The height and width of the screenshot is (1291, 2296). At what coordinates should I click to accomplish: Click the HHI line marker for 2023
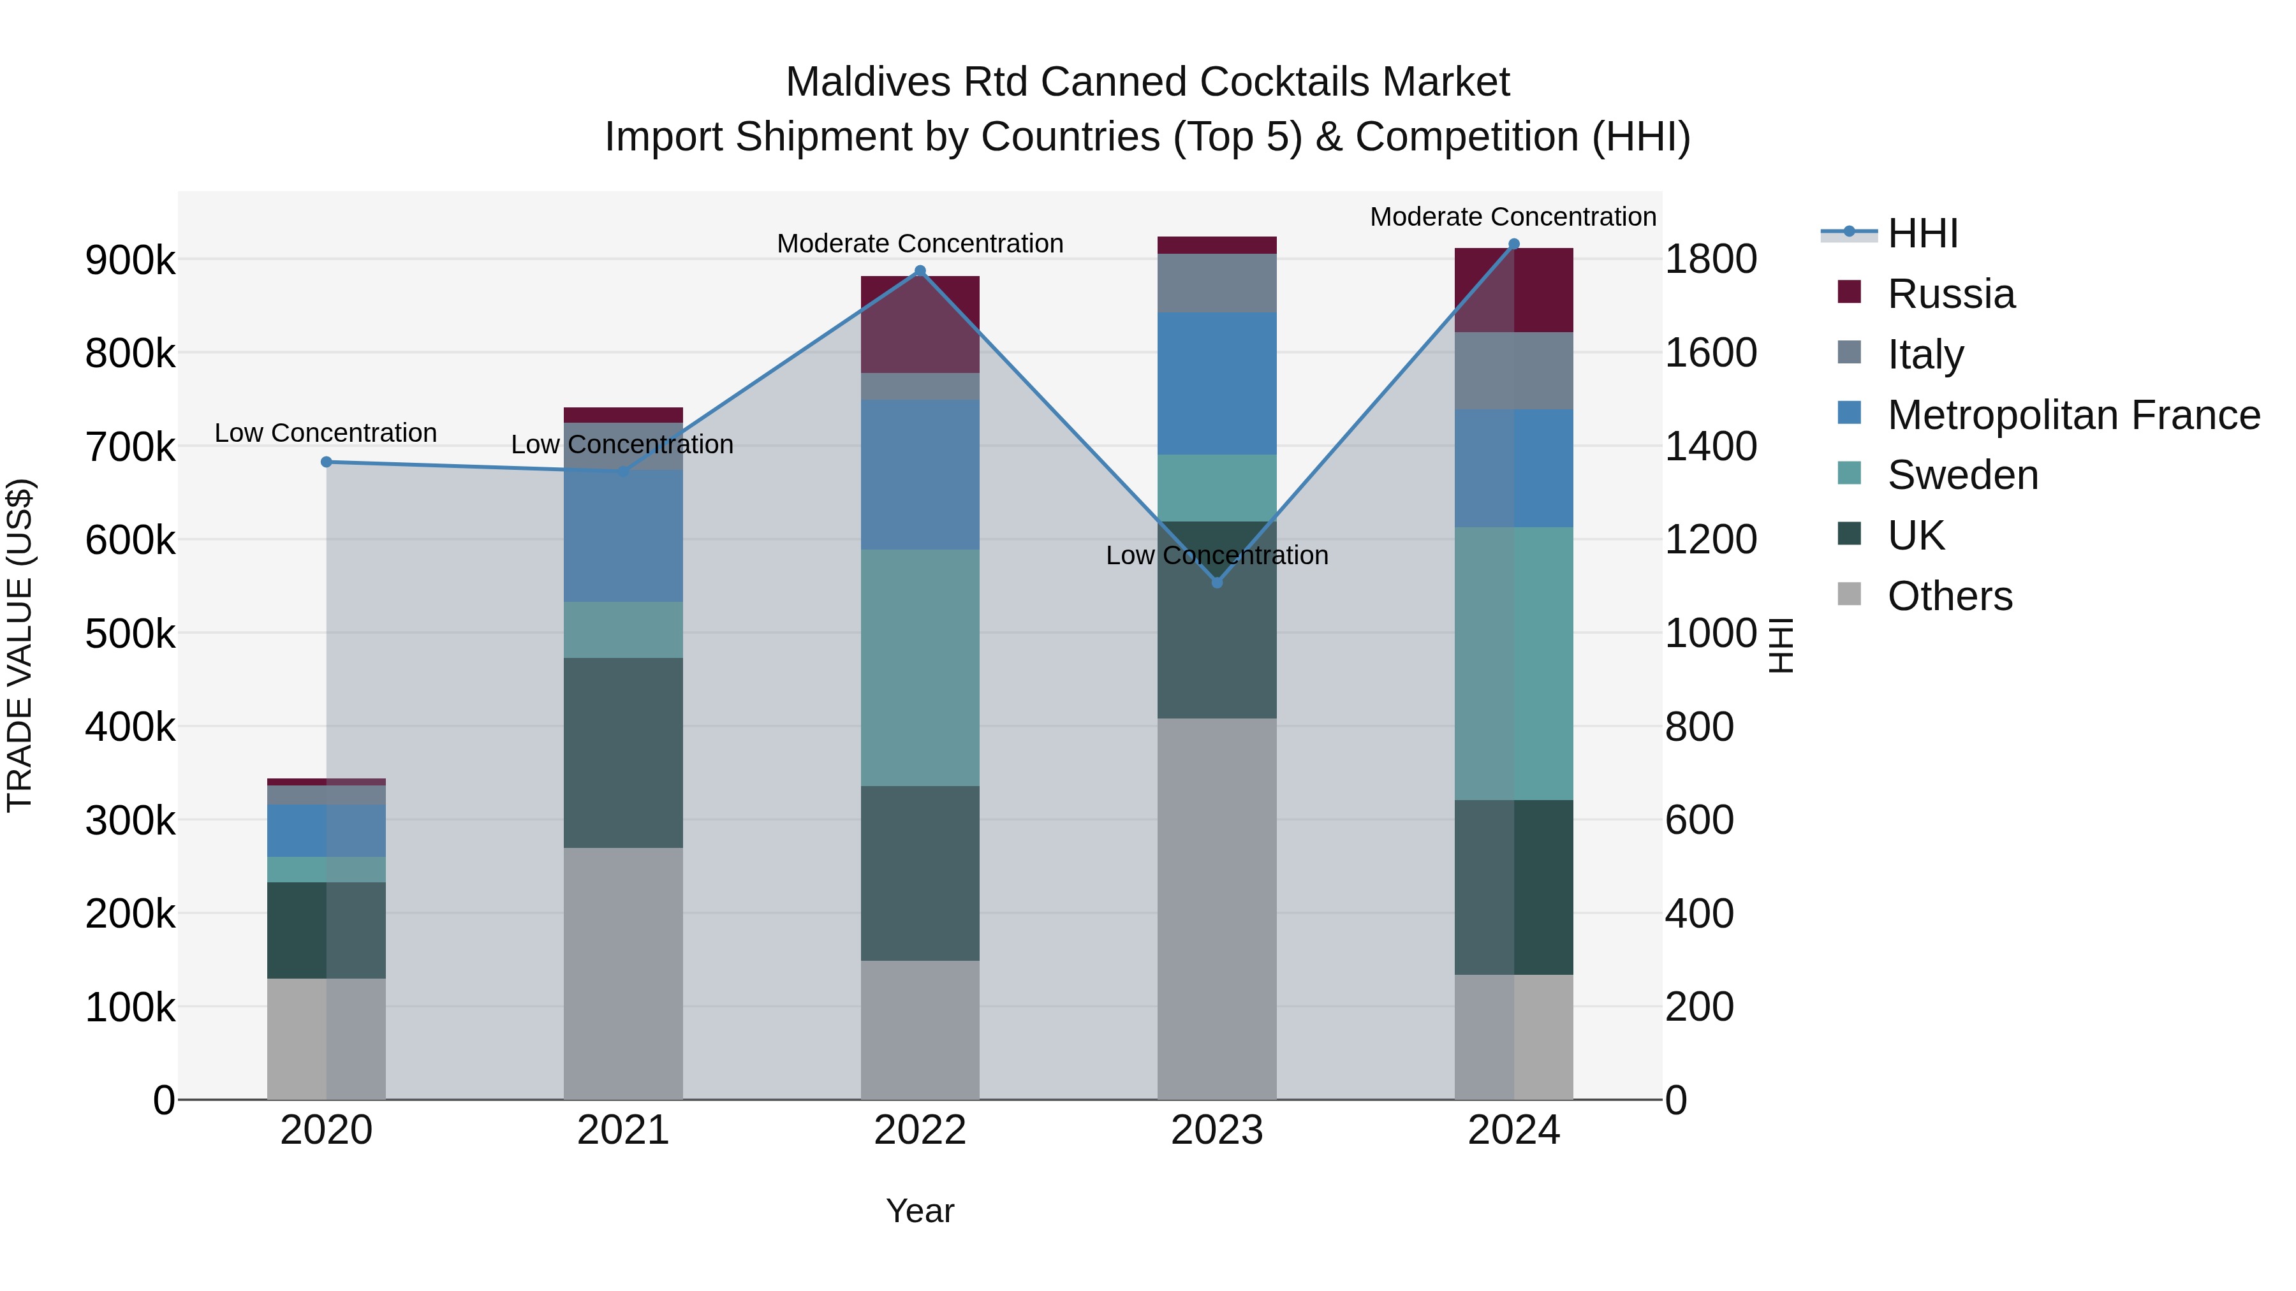coord(1217,582)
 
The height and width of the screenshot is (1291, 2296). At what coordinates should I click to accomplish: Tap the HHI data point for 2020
coord(326,462)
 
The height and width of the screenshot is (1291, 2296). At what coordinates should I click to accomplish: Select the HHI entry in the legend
coord(1922,233)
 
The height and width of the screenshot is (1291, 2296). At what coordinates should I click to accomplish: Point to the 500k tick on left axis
coord(130,634)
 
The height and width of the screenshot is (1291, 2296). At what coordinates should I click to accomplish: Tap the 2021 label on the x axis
coord(623,1130)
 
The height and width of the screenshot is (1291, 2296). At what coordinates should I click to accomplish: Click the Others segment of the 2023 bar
coord(1217,908)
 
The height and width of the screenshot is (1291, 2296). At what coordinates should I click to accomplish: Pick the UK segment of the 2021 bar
coord(623,753)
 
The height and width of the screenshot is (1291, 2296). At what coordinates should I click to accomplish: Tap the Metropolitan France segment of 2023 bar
coord(1217,384)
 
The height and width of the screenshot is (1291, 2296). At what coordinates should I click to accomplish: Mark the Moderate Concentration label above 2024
coord(1513,217)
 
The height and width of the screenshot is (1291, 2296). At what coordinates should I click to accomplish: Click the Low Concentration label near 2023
coord(1217,556)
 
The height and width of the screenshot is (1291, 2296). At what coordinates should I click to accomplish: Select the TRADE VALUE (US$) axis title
coord(20,645)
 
